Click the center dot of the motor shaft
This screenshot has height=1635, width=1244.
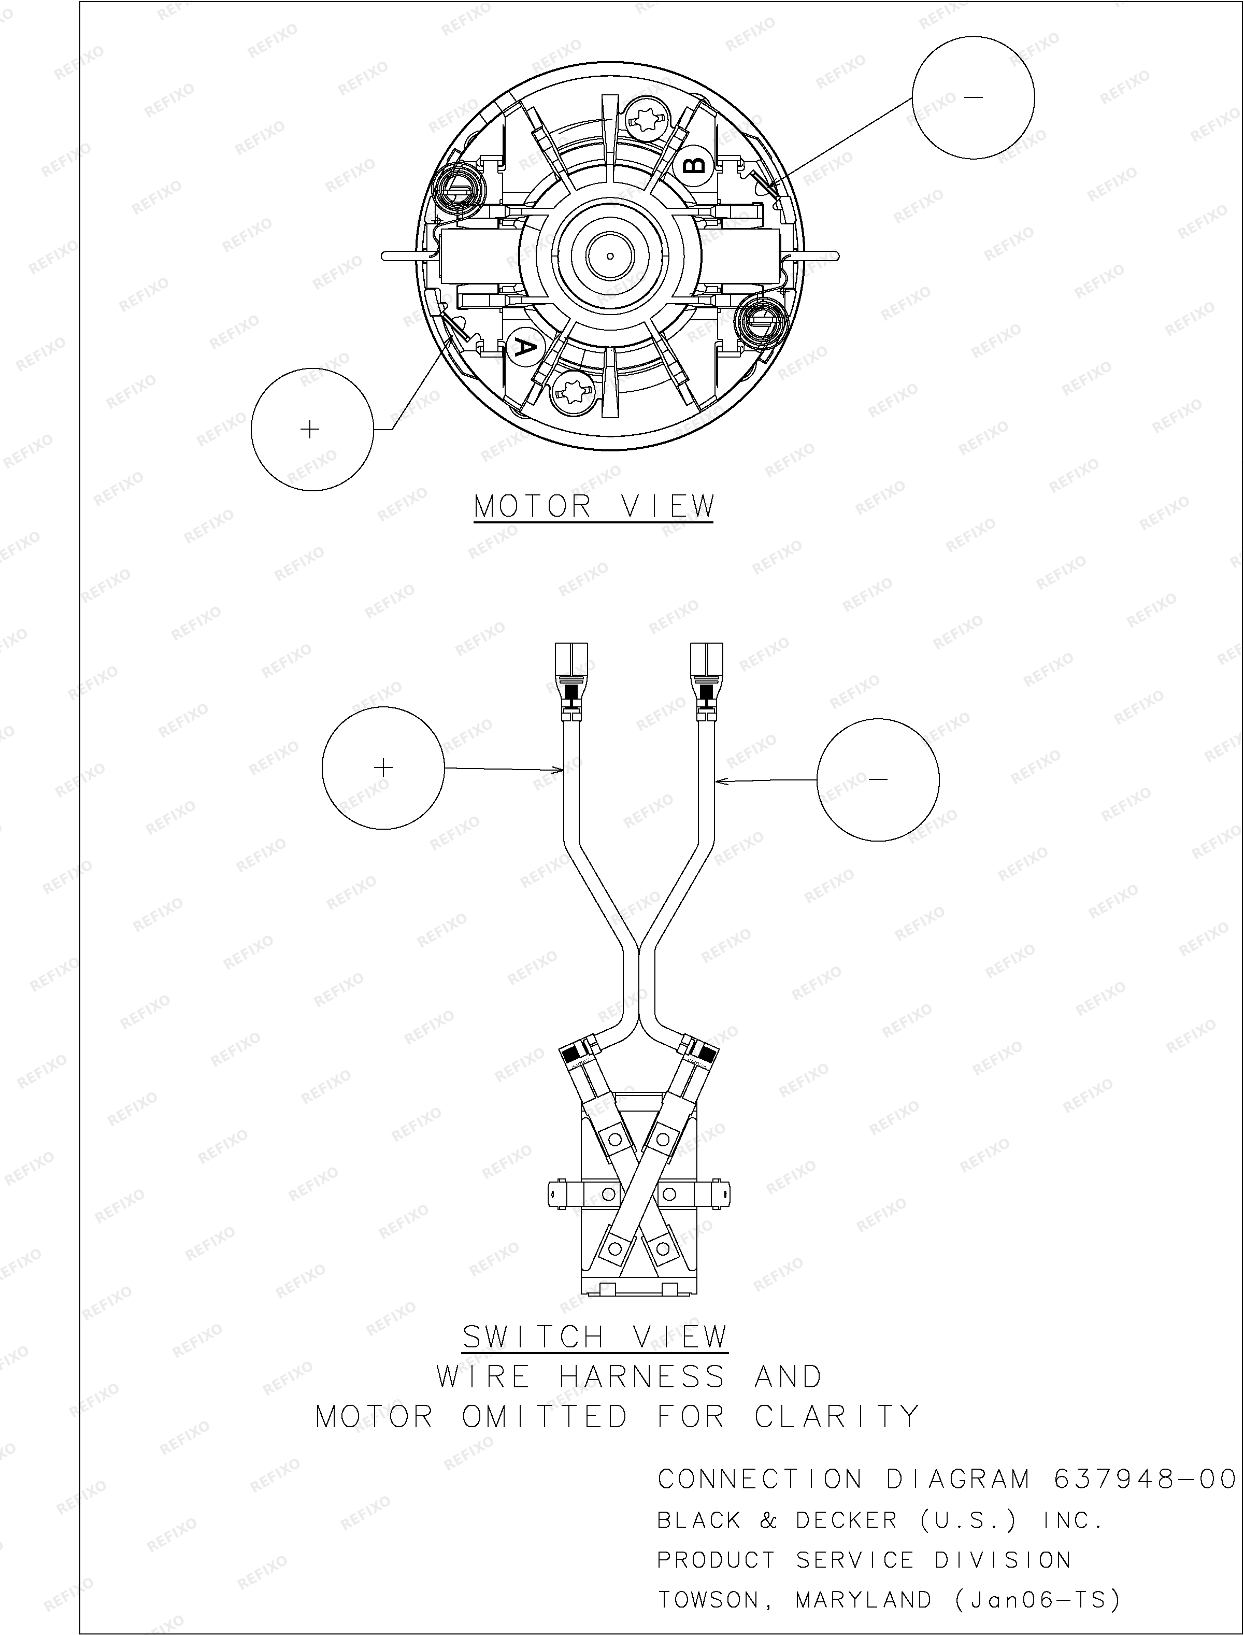pos(609,256)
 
